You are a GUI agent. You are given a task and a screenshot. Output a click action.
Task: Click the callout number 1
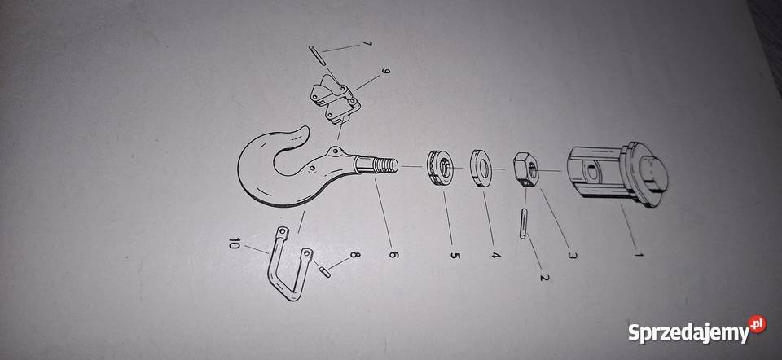pos(639,254)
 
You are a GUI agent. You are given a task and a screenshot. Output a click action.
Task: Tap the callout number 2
pos(545,276)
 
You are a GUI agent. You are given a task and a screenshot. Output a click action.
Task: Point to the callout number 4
pos(496,255)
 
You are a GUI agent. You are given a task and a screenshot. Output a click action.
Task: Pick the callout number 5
pos(455,255)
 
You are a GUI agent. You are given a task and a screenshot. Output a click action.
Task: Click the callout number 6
pos(393,254)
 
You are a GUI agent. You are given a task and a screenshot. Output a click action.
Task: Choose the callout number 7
pos(367,44)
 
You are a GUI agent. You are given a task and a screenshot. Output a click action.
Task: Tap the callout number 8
pos(354,255)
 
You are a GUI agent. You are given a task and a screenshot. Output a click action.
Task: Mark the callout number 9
pos(384,71)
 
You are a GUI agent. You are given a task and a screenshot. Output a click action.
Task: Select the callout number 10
pos(234,244)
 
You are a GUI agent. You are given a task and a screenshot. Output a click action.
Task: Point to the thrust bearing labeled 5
pos(440,169)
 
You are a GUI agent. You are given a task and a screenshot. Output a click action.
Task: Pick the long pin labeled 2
pos(523,223)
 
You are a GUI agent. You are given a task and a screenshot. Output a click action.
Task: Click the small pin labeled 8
pos(324,272)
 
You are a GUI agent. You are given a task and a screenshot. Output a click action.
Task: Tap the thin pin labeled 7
pos(317,55)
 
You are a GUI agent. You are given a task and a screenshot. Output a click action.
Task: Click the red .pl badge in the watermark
pos(757,323)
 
